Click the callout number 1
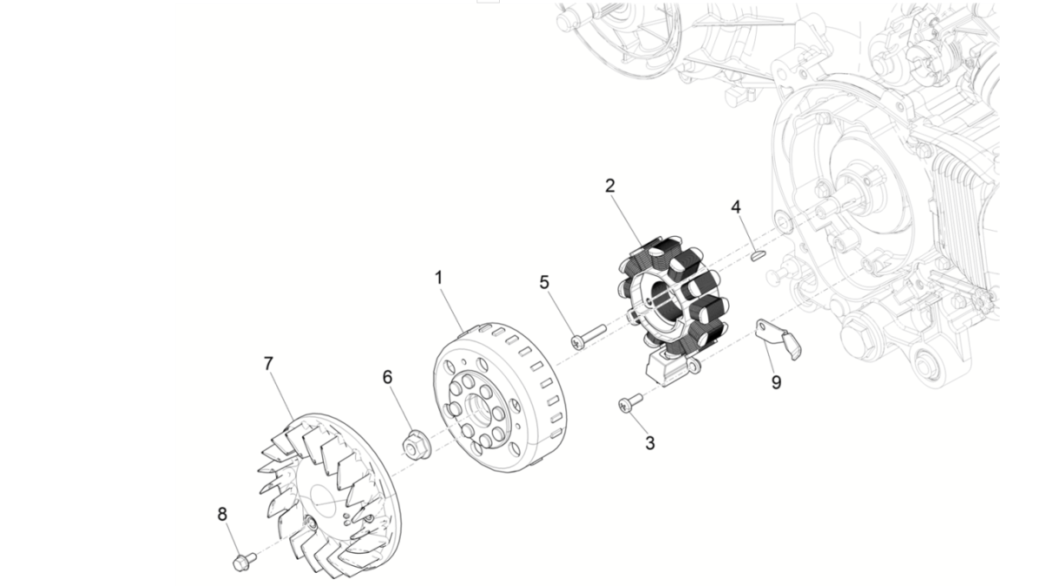[x=439, y=278]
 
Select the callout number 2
[x=610, y=185]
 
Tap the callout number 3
[x=650, y=442]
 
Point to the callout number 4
[x=736, y=207]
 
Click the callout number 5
[x=545, y=283]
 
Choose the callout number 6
[x=388, y=377]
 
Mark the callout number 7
[x=269, y=365]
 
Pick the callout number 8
[x=222, y=514]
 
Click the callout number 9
[x=776, y=381]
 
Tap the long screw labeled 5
[x=588, y=335]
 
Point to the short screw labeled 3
[x=629, y=402]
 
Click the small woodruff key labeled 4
[x=757, y=256]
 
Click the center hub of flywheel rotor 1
[x=480, y=406]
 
